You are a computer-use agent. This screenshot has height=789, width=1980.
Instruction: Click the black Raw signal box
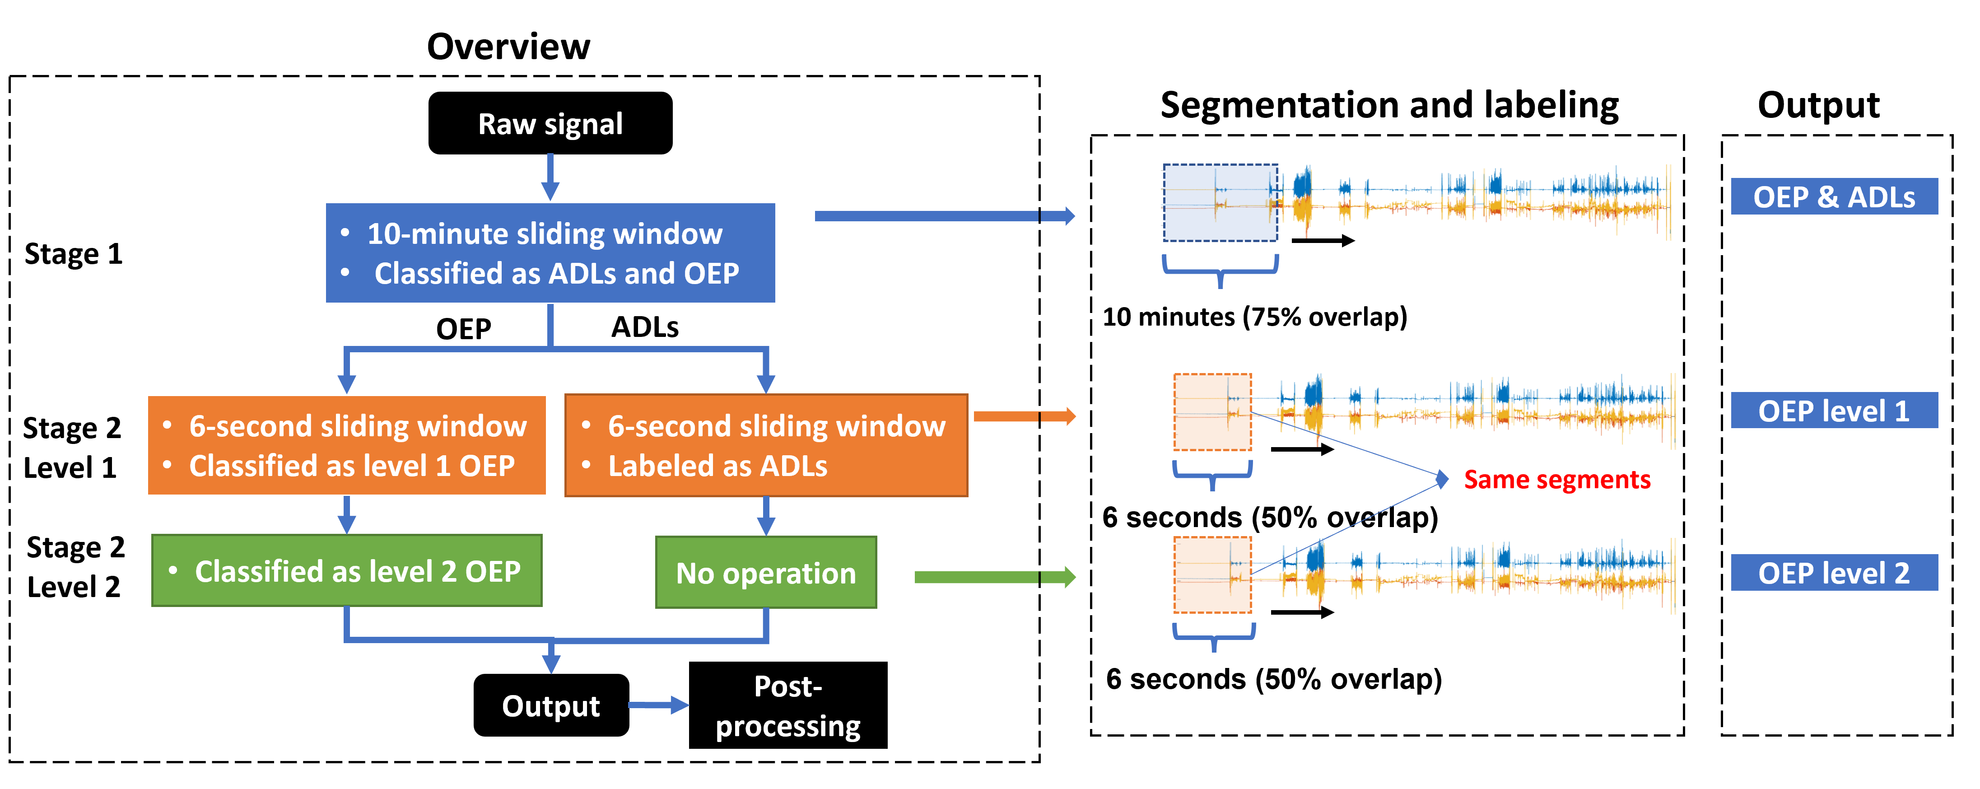(x=550, y=123)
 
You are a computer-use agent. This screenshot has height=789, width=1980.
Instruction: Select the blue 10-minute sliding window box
(x=550, y=253)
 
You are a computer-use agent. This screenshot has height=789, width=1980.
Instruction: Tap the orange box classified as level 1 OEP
(x=347, y=445)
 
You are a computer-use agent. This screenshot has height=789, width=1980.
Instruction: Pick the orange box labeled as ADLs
(x=766, y=445)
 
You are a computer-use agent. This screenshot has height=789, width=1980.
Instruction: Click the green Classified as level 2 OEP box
(x=347, y=570)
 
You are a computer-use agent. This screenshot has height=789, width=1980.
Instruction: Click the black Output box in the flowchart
(x=551, y=705)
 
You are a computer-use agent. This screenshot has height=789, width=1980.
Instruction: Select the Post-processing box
(x=788, y=705)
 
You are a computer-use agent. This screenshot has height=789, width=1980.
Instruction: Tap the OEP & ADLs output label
(x=1834, y=197)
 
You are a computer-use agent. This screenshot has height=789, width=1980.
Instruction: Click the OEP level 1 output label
(x=1834, y=411)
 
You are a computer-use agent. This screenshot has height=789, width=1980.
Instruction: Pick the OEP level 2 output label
(x=1834, y=573)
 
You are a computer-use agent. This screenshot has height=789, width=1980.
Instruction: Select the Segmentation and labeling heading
(x=1390, y=105)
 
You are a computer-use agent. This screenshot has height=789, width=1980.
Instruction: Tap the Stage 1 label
(x=74, y=254)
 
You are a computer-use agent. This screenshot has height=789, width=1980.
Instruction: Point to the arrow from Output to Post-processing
(x=659, y=705)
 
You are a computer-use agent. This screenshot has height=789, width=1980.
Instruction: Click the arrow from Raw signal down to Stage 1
(x=550, y=177)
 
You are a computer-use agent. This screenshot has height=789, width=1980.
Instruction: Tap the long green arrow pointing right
(x=995, y=577)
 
